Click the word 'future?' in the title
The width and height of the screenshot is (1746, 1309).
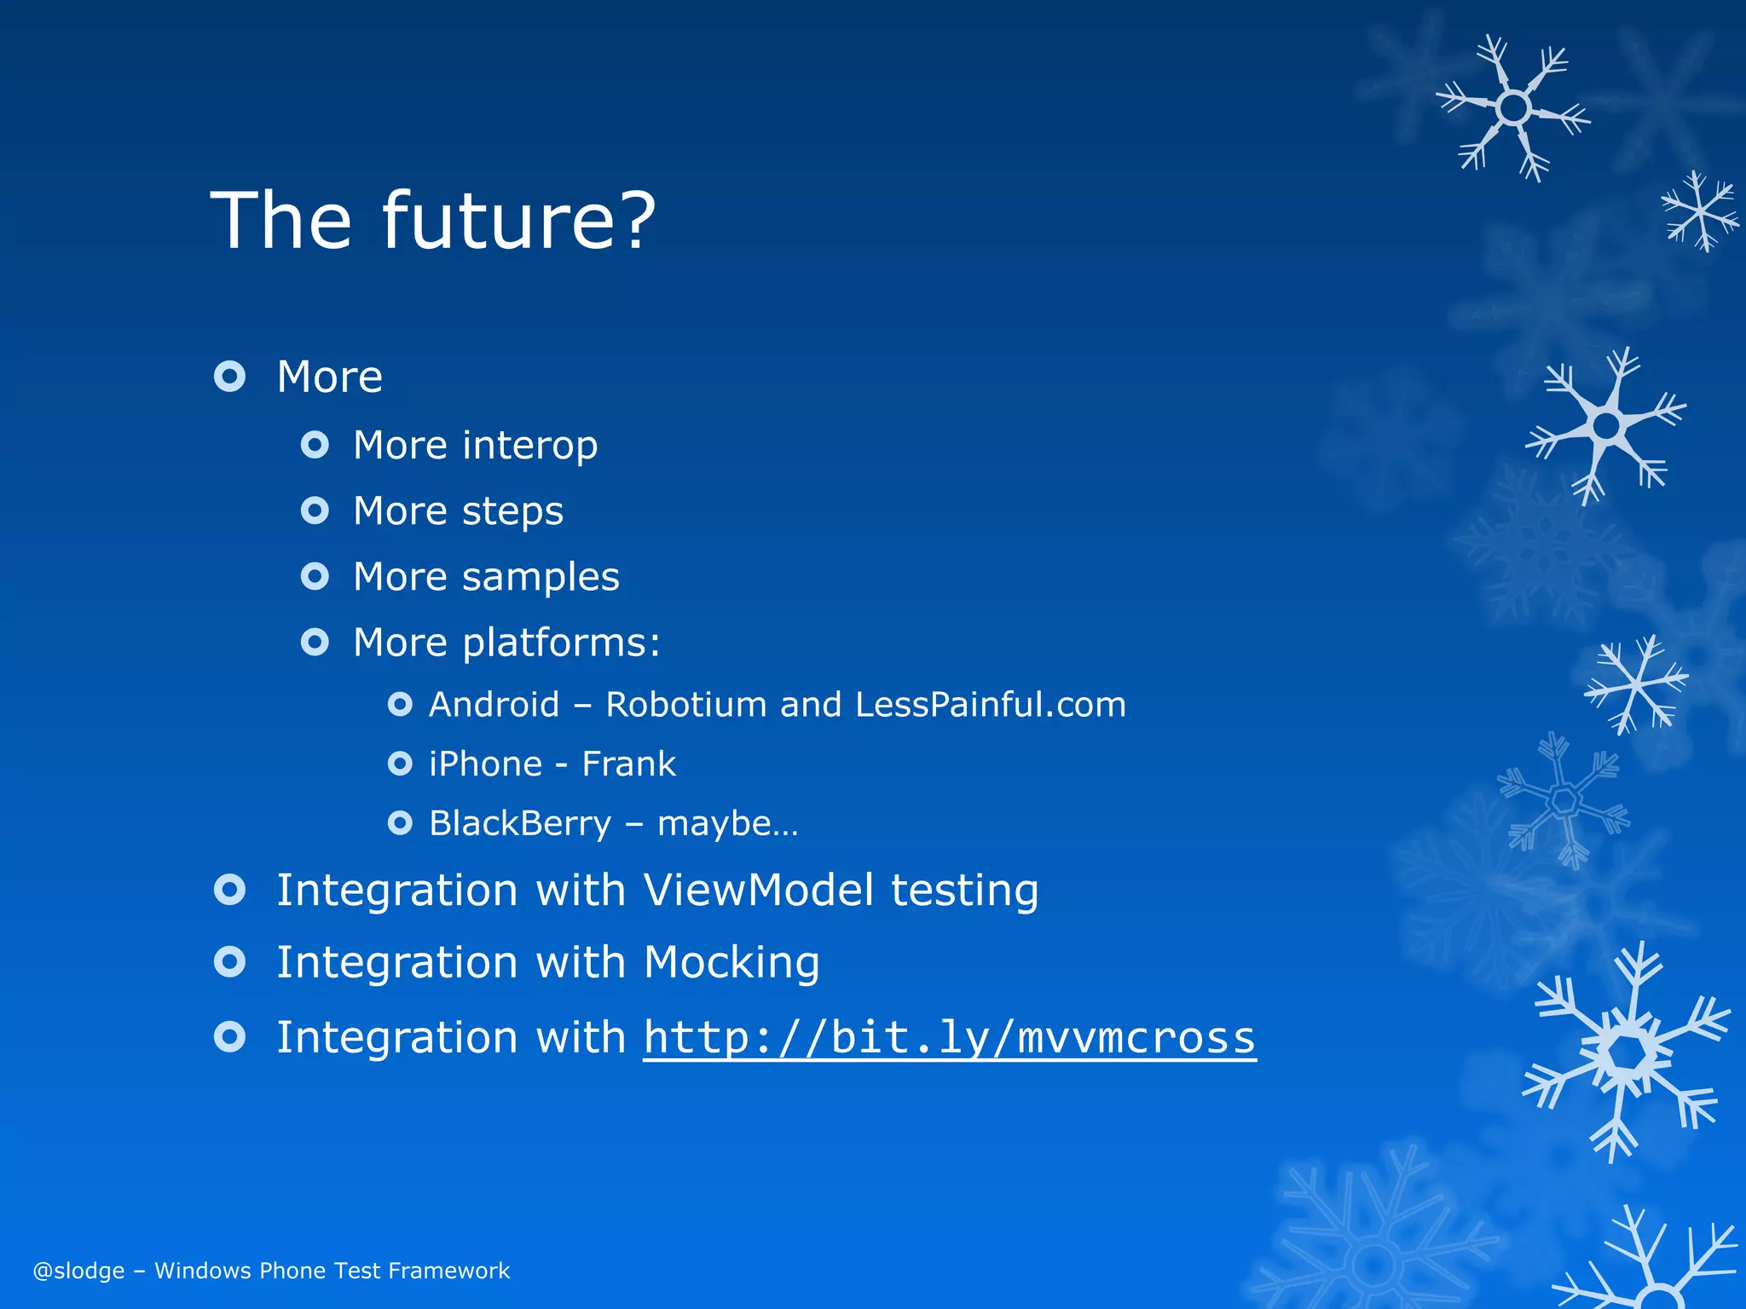coord(518,220)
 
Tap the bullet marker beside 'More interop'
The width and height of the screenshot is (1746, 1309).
coord(315,445)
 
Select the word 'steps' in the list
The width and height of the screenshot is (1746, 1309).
coord(512,512)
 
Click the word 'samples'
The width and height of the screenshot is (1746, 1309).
coord(541,577)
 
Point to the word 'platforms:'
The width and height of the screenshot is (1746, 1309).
coord(561,643)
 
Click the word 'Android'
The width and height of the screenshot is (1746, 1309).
coord(494,705)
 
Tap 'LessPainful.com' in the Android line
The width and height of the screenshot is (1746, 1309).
coord(990,705)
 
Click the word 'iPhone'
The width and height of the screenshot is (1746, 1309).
coord(485,764)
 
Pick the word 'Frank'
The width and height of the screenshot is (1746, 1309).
coord(628,764)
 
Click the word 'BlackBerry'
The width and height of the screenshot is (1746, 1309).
coord(520,823)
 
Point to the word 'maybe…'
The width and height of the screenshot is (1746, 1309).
coord(727,823)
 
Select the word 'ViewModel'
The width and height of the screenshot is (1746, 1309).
coord(758,890)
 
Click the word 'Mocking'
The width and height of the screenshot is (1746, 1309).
coord(731,962)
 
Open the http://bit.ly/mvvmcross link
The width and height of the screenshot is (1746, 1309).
coord(949,1037)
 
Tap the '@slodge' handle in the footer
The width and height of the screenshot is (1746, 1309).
coord(78,1271)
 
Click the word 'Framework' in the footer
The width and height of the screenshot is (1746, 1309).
coord(448,1271)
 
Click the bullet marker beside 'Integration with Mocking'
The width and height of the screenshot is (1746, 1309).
coord(229,962)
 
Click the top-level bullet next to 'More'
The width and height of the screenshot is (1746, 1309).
coord(229,376)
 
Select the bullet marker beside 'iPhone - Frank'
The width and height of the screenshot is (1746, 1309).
coord(400,764)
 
